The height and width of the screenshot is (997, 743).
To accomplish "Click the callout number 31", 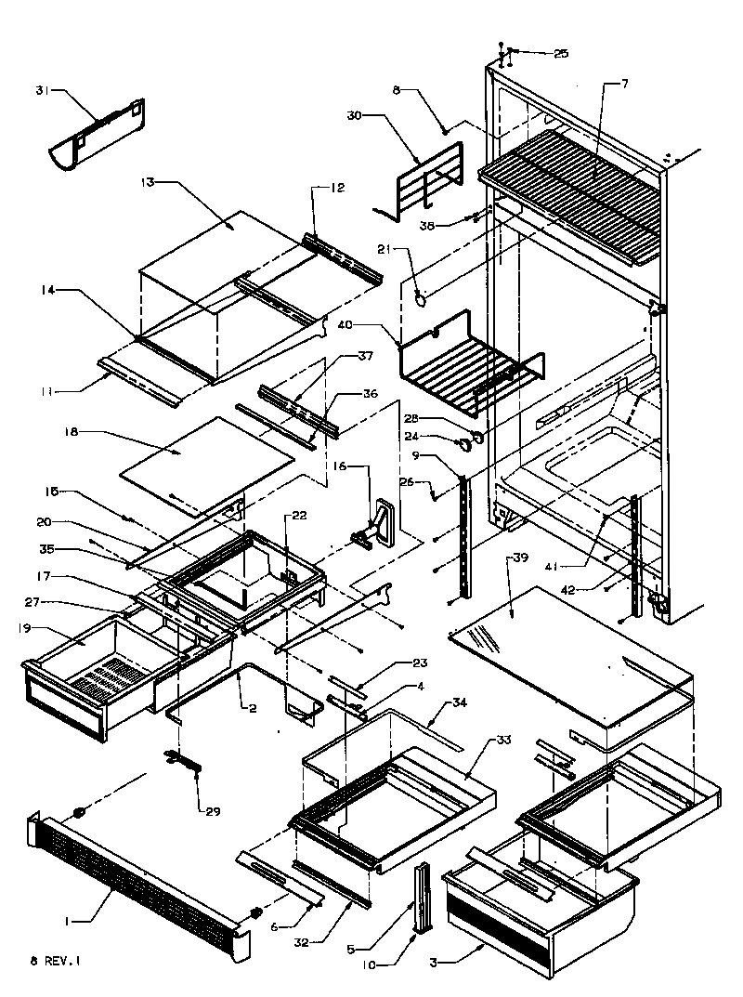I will [41, 90].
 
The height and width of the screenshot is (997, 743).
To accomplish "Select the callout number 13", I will [146, 184].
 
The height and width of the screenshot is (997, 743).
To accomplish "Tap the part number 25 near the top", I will [561, 54].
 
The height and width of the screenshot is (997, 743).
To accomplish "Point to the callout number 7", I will [625, 85].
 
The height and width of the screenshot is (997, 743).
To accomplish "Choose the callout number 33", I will [502, 740].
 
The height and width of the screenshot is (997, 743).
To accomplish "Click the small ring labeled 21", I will [421, 299].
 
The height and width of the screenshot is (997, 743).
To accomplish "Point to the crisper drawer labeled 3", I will [539, 901].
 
